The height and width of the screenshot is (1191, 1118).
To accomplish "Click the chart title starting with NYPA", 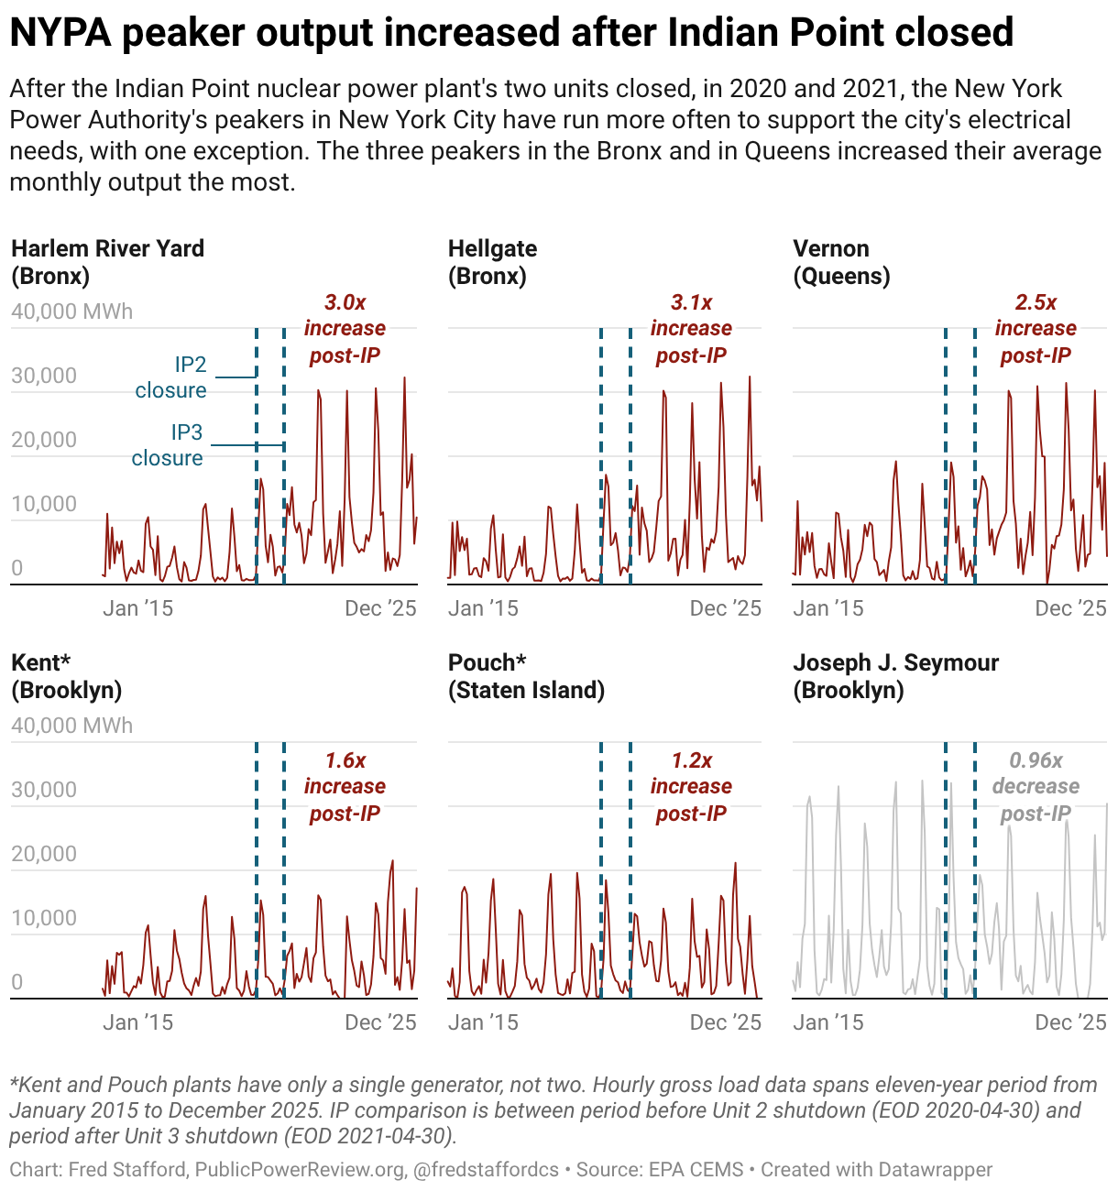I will (511, 33).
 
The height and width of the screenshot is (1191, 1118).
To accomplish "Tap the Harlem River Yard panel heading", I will (107, 262).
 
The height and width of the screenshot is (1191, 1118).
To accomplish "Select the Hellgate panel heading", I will (492, 262).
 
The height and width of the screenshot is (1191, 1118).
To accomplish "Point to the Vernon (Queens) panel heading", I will (840, 262).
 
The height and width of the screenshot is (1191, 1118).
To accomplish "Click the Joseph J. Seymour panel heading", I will (895, 676).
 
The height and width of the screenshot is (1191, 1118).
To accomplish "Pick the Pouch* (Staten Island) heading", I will (526, 676).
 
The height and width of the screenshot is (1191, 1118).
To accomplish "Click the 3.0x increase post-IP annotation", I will (345, 328).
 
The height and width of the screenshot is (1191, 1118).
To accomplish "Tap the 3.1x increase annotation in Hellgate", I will (691, 328).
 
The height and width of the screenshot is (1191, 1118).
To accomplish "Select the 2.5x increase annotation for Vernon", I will (1036, 328).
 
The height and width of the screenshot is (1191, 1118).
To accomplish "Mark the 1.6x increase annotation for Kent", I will (345, 786).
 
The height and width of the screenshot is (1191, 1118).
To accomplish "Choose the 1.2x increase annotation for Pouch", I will (691, 786).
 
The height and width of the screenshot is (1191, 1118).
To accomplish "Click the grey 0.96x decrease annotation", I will (1036, 786).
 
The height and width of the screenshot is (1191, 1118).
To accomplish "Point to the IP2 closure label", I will (172, 377).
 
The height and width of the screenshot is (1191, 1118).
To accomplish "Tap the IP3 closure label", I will (169, 445).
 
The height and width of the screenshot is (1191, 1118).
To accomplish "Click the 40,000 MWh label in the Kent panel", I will (71, 726).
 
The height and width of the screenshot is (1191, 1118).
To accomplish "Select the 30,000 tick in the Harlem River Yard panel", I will (44, 376).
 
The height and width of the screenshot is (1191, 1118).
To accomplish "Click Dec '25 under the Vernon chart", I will (1070, 608).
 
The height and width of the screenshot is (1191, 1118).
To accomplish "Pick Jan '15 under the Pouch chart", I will (483, 1022).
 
